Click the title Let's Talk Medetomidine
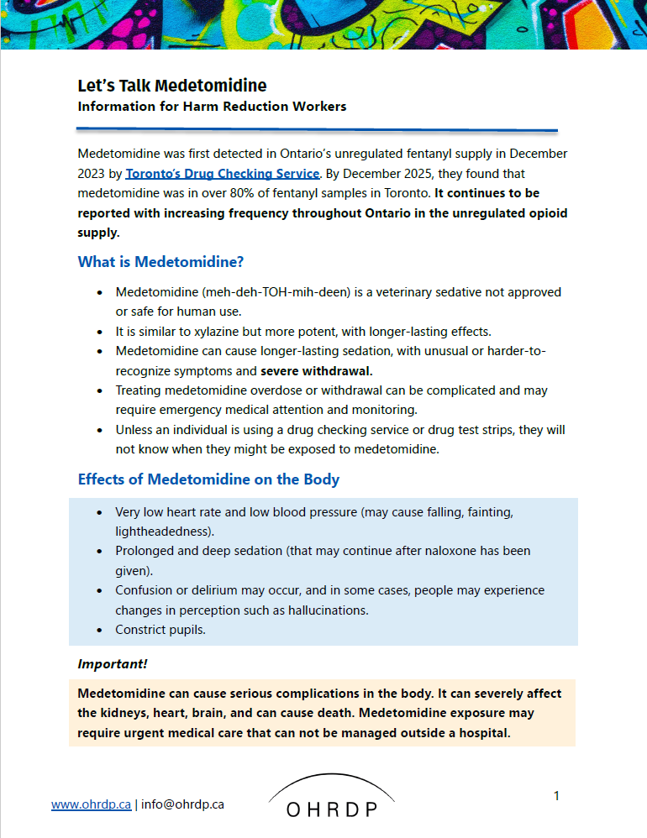pyautogui.click(x=171, y=86)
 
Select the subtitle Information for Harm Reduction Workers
pyautogui.click(x=212, y=107)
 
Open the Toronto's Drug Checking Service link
pyautogui.click(x=222, y=174)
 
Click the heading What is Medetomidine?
pyautogui.click(x=160, y=262)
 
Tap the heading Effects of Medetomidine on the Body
pyautogui.click(x=208, y=479)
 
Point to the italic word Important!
pyautogui.click(x=113, y=663)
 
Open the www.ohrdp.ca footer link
pyautogui.click(x=91, y=804)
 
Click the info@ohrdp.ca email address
pyautogui.click(x=182, y=804)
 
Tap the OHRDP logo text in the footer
pyautogui.click(x=331, y=809)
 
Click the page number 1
pyautogui.click(x=556, y=795)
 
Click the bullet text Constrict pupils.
pyautogui.click(x=160, y=629)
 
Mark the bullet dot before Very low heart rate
pyautogui.click(x=100, y=512)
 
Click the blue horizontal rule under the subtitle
pyautogui.click(x=317, y=129)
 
